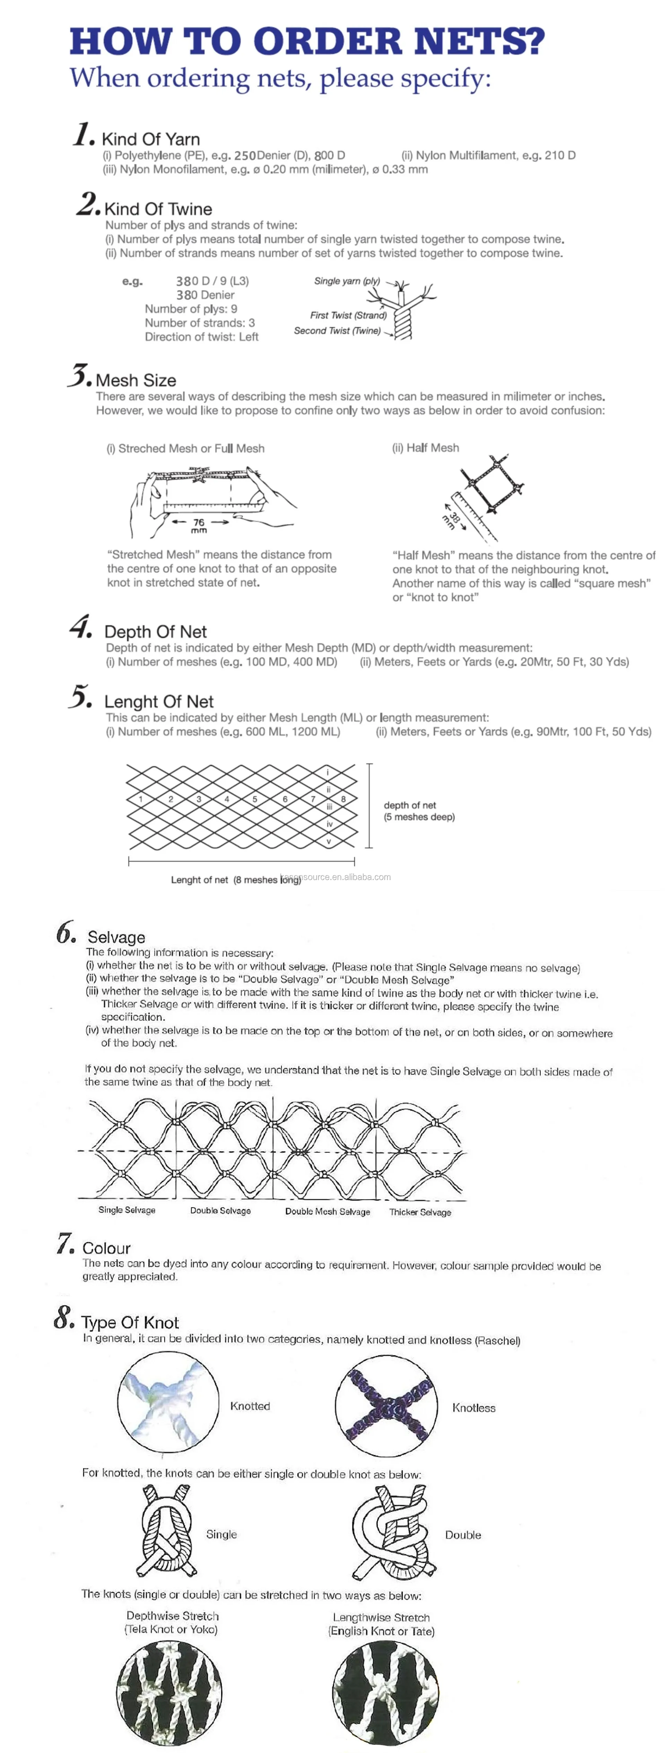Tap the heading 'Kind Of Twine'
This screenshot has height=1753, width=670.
158,209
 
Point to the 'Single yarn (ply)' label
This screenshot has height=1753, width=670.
347,281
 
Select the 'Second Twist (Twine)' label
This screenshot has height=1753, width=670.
337,331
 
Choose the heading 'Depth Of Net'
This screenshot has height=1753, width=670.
155,631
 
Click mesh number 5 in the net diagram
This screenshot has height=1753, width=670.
255,799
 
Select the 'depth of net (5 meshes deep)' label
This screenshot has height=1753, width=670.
419,810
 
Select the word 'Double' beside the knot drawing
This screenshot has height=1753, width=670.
462,1535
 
